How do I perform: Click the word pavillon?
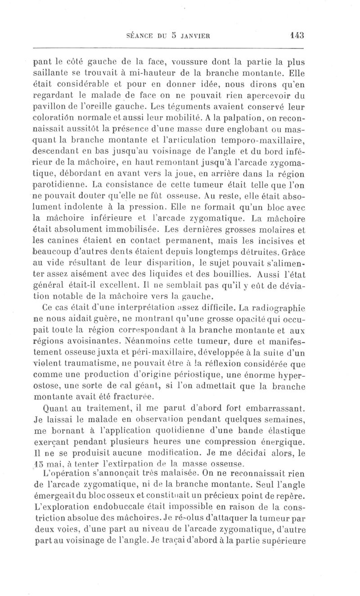[x=51, y=109]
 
